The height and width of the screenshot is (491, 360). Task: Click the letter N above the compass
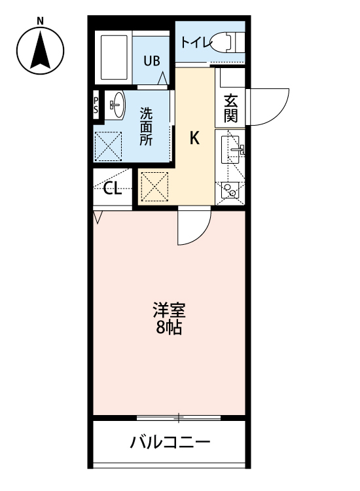41,20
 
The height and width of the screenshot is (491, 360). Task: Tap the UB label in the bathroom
151,61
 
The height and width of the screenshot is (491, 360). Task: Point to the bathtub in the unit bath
114,56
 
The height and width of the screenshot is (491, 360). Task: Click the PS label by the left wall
96,105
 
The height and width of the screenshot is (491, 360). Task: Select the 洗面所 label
145,126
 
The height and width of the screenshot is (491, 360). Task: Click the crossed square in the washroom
109,146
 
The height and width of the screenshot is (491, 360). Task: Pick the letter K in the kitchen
194,138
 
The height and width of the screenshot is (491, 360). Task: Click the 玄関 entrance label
230,109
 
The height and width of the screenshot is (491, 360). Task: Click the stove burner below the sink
230,189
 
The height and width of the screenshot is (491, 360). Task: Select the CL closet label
112,190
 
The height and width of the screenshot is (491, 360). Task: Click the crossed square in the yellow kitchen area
155,187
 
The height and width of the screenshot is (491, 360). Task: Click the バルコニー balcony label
170,443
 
